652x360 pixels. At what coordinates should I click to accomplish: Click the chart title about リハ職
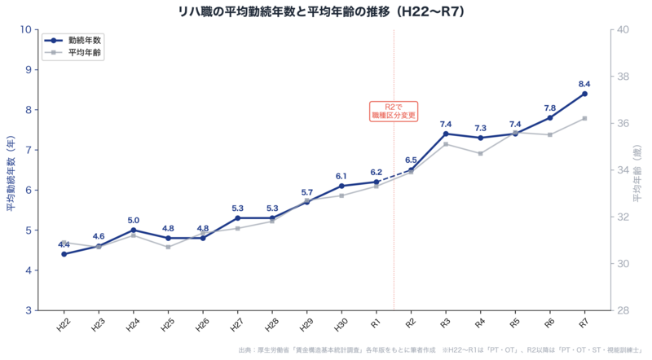325,11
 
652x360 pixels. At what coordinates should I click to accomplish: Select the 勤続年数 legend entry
77,40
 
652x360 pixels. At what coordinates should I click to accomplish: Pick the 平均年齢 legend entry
77,52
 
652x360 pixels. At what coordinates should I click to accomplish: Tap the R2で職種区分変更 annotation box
394,111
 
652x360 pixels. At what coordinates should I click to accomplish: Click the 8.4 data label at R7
584,84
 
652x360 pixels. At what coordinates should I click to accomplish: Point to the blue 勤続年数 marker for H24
133,230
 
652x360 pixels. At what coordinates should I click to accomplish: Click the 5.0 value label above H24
133,220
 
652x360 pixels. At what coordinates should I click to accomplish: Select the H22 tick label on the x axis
63,325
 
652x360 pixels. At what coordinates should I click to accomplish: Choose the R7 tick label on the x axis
584,325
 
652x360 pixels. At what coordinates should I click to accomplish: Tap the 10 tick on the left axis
25,29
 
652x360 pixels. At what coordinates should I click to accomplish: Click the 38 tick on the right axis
621,77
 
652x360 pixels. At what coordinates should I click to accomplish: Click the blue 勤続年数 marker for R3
446,134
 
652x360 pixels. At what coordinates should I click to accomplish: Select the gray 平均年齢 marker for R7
584,118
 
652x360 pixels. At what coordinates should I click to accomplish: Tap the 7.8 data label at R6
550,108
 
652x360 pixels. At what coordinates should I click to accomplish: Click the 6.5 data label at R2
411,160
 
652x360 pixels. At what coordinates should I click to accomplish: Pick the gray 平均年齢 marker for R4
481,153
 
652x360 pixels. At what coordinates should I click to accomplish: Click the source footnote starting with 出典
441,351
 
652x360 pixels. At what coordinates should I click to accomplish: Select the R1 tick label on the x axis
375,325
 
